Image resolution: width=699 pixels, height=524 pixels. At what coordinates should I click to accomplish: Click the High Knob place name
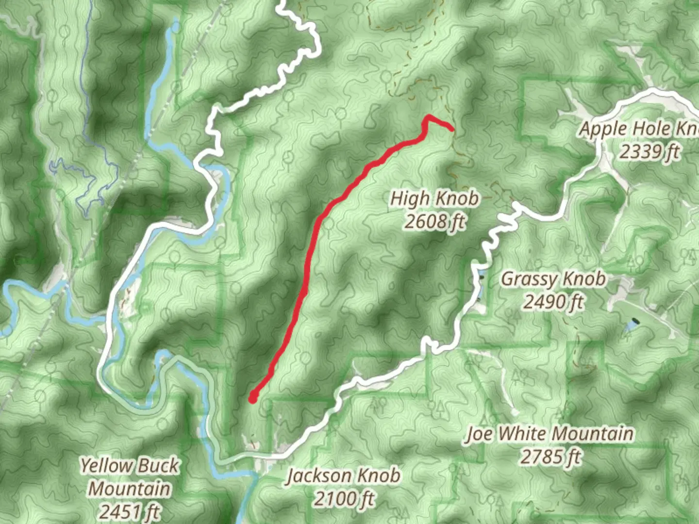[x=434, y=198]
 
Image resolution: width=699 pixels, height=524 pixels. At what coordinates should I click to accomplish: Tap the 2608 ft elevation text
[x=434, y=222]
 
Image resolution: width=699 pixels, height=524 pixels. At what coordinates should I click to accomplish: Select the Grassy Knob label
[x=553, y=279]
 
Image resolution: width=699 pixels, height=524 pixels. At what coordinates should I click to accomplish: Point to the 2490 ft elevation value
[x=553, y=302]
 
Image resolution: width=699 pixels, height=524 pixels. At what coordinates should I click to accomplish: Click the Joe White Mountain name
[x=549, y=433]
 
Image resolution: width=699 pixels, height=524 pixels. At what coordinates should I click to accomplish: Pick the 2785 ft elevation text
[x=550, y=457]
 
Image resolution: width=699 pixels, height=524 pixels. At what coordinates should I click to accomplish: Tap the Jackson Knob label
[x=344, y=475]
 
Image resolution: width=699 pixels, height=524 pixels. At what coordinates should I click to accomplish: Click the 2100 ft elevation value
[x=344, y=498]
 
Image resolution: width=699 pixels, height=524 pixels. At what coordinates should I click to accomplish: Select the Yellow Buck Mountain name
[x=130, y=477]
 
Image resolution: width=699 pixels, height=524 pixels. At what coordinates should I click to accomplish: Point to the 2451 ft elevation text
[x=130, y=511]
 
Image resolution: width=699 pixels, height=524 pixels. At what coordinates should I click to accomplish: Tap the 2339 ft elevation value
[x=649, y=152]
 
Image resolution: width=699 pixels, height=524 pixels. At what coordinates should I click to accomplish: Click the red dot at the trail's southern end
[x=252, y=399]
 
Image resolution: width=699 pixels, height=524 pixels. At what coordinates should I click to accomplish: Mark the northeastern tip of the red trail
[x=452, y=129]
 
